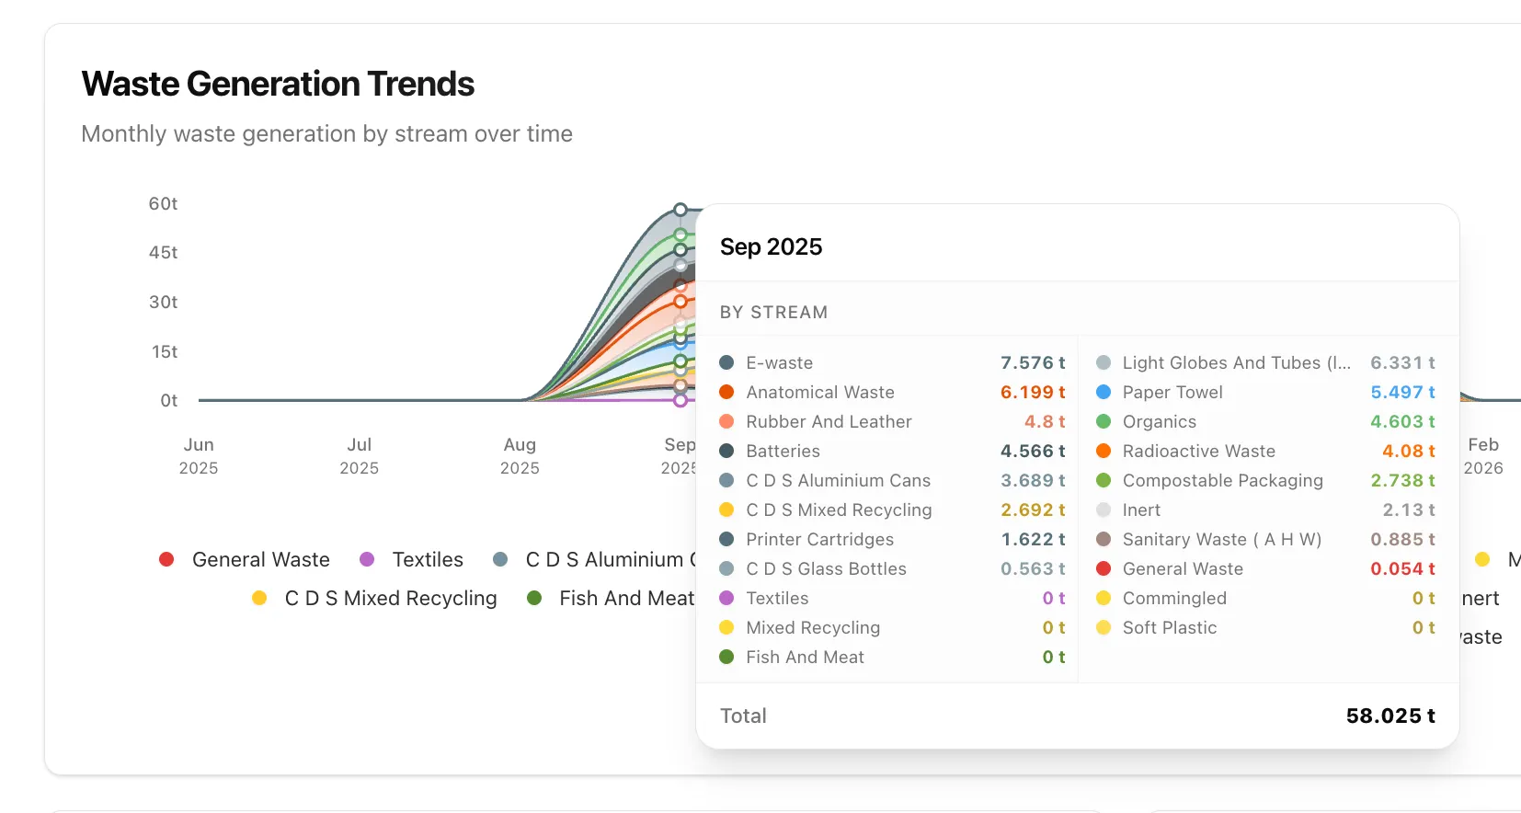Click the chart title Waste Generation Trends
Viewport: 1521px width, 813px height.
(278, 84)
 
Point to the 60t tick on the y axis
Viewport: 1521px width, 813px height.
(163, 203)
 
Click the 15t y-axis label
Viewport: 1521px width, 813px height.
(165, 351)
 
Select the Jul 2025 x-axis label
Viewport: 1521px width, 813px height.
(359, 455)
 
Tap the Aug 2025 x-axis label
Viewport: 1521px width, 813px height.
(520, 455)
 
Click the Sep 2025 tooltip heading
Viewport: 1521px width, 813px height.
(771, 246)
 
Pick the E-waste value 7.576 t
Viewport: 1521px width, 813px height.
(1032, 362)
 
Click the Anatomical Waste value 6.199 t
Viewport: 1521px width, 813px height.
(1032, 392)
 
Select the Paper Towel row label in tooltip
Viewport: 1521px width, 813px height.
(1172, 392)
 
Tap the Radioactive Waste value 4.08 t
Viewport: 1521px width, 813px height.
(1408, 451)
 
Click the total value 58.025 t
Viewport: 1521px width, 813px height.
(1389, 716)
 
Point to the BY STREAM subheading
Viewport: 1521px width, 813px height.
(773, 312)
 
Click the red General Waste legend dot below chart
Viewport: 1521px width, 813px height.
(166, 559)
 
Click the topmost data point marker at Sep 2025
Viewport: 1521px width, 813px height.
(680, 210)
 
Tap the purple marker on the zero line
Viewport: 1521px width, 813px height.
(680, 400)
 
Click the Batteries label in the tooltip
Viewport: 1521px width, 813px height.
(783, 451)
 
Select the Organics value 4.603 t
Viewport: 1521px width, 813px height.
(1401, 421)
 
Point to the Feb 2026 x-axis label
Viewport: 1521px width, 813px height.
(1482, 455)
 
